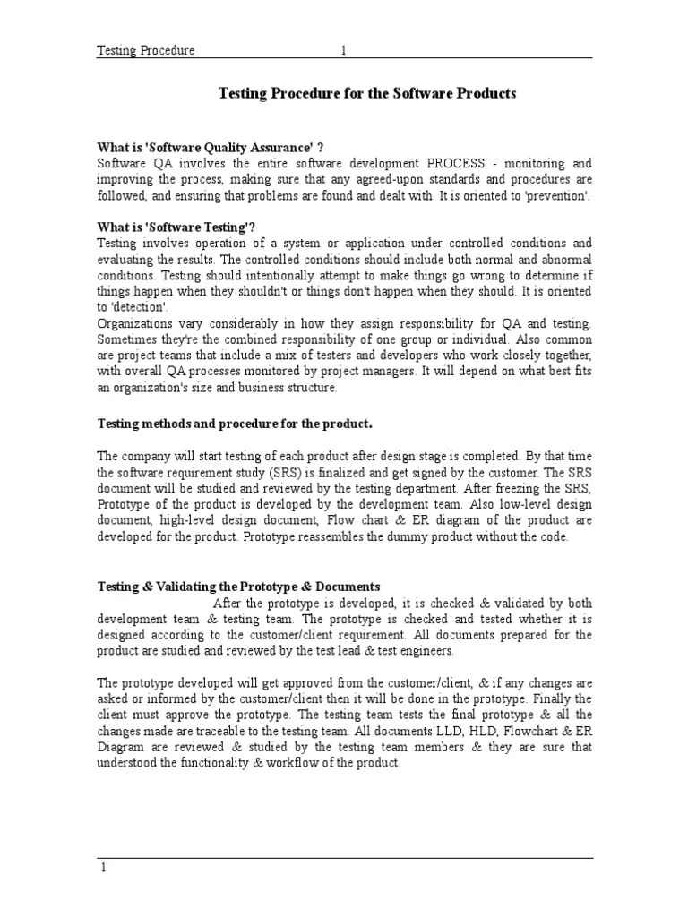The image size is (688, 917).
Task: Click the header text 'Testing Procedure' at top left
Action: pos(146,51)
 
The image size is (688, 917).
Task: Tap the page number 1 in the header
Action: pos(343,51)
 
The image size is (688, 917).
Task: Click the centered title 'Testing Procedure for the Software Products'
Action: pos(368,93)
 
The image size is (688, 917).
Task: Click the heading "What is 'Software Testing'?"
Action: pos(172,227)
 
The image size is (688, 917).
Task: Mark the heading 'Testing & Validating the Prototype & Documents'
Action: pos(238,587)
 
